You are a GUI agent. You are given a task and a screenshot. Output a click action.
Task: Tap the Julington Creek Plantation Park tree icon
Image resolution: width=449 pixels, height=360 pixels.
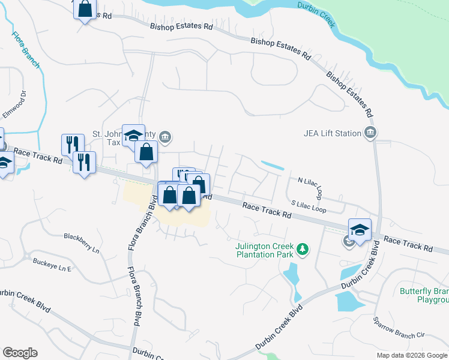pyautogui.click(x=304, y=249)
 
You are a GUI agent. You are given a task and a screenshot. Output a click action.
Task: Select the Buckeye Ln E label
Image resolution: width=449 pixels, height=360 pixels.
pyautogui.click(x=52, y=265)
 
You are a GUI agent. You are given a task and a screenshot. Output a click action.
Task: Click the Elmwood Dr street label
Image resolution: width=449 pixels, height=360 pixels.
pyautogui.click(x=16, y=103)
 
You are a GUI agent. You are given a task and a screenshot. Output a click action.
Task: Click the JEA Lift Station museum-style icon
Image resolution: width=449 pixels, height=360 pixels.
pyautogui.click(x=370, y=133)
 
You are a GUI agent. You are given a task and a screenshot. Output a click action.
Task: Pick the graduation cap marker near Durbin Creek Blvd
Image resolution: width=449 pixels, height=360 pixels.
pyautogui.click(x=360, y=230)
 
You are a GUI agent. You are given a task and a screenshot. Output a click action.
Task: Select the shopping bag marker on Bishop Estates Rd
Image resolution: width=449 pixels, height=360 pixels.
pyautogui.click(x=85, y=9)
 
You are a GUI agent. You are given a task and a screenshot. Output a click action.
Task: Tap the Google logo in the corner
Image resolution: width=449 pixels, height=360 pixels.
pyautogui.click(x=20, y=353)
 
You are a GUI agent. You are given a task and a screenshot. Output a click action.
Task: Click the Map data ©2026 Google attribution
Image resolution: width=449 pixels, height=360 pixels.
pyautogui.click(x=412, y=355)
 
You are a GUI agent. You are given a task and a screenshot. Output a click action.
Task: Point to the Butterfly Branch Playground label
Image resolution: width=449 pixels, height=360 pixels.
pyautogui.click(x=424, y=295)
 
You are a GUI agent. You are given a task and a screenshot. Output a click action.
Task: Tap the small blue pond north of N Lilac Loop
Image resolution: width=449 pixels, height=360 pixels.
pyautogui.click(x=273, y=165)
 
